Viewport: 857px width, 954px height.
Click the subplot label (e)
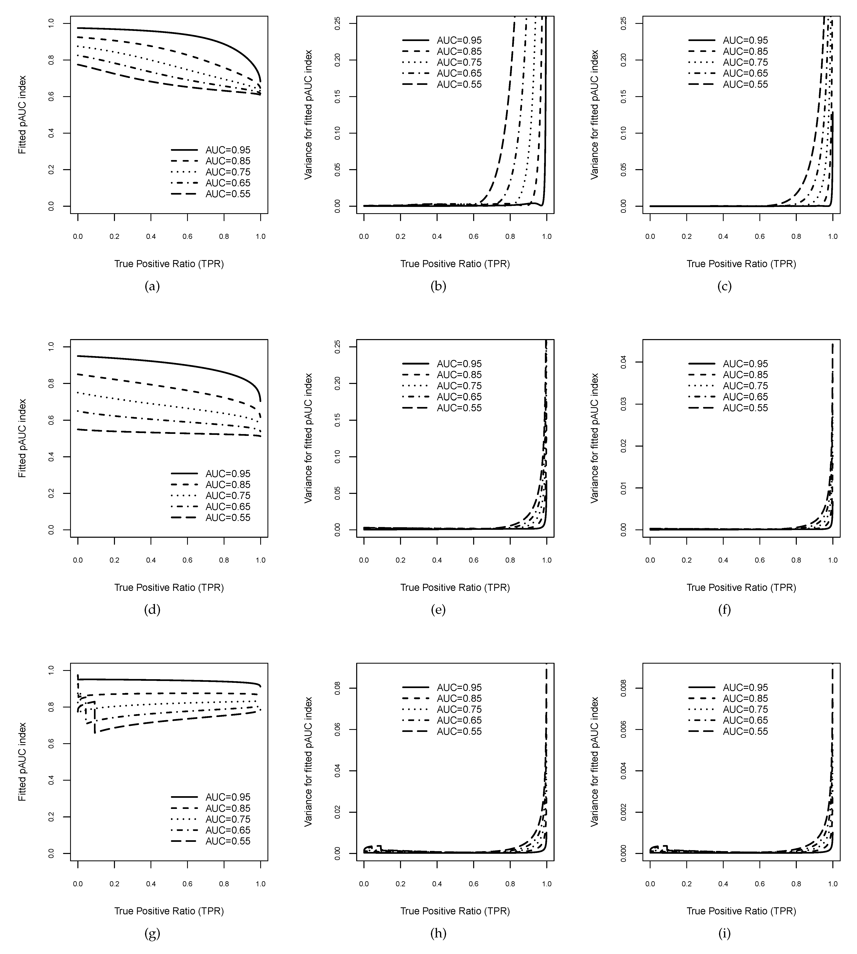point(438,610)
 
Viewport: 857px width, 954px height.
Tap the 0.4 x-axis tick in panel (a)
point(151,236)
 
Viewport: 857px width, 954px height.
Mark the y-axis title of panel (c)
point(595,114)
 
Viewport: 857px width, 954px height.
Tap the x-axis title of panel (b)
point(455,264)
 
